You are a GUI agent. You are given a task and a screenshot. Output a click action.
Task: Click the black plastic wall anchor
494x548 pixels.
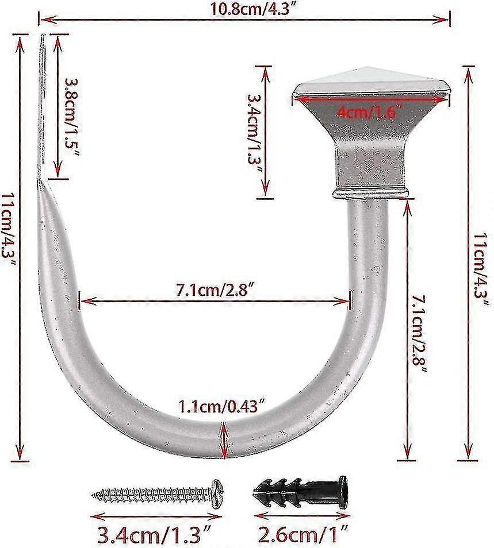point(299,492)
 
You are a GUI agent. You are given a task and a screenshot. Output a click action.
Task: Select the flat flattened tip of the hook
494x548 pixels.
point(43,103)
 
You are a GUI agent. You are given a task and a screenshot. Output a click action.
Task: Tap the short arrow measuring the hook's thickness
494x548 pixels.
point(223,439)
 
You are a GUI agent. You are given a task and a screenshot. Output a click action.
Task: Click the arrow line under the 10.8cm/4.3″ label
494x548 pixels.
point(244,20)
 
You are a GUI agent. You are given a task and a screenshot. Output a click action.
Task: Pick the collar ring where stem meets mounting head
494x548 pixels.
point(371,192)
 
